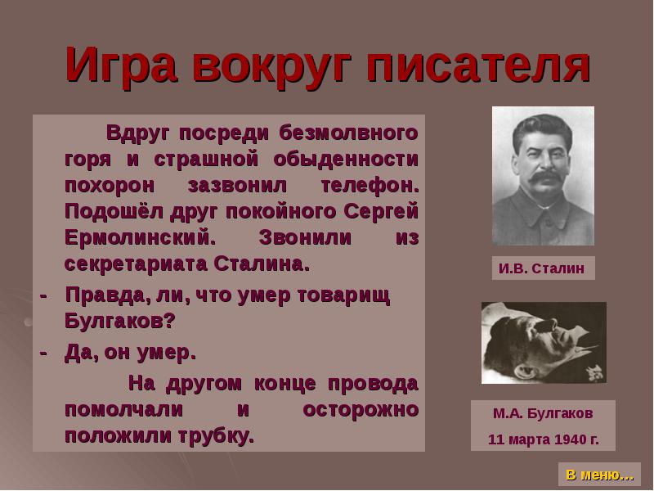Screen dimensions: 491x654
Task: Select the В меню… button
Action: [x=600, y=475]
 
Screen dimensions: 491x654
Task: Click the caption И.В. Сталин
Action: [x=542, y=268]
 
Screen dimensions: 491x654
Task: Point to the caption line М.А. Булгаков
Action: [x=543, y=413]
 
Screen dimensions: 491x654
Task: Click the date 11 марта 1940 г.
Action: [x=543, y=439]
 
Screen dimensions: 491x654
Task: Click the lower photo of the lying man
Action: [x=544, y=342]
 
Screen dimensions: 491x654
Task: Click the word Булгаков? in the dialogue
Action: [x=119, y=322]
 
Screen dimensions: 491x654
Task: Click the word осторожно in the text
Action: [x=361, y=408]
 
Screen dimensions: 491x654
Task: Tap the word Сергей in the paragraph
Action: [x=383, y=212]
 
